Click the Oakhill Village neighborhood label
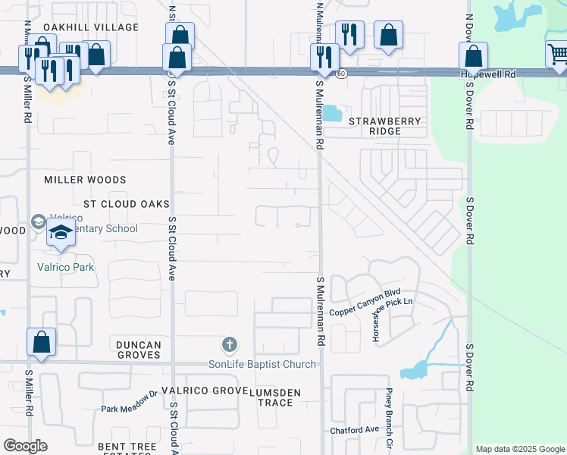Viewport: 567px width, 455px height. tap(91, 27)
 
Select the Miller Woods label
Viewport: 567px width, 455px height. tap(85, 180)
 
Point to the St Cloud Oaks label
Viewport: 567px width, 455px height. tap(126, 204)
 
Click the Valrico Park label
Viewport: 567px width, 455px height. tap(65, 267)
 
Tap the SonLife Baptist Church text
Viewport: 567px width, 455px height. tap(262, 365)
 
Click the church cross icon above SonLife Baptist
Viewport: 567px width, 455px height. tap(230, 346)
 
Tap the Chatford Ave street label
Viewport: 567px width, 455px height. tap(354, 430)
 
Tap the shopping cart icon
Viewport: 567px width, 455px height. tap(557, 54)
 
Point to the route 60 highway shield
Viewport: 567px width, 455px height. tap(342, 74)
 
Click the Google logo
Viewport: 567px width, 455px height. tap(25, 446)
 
